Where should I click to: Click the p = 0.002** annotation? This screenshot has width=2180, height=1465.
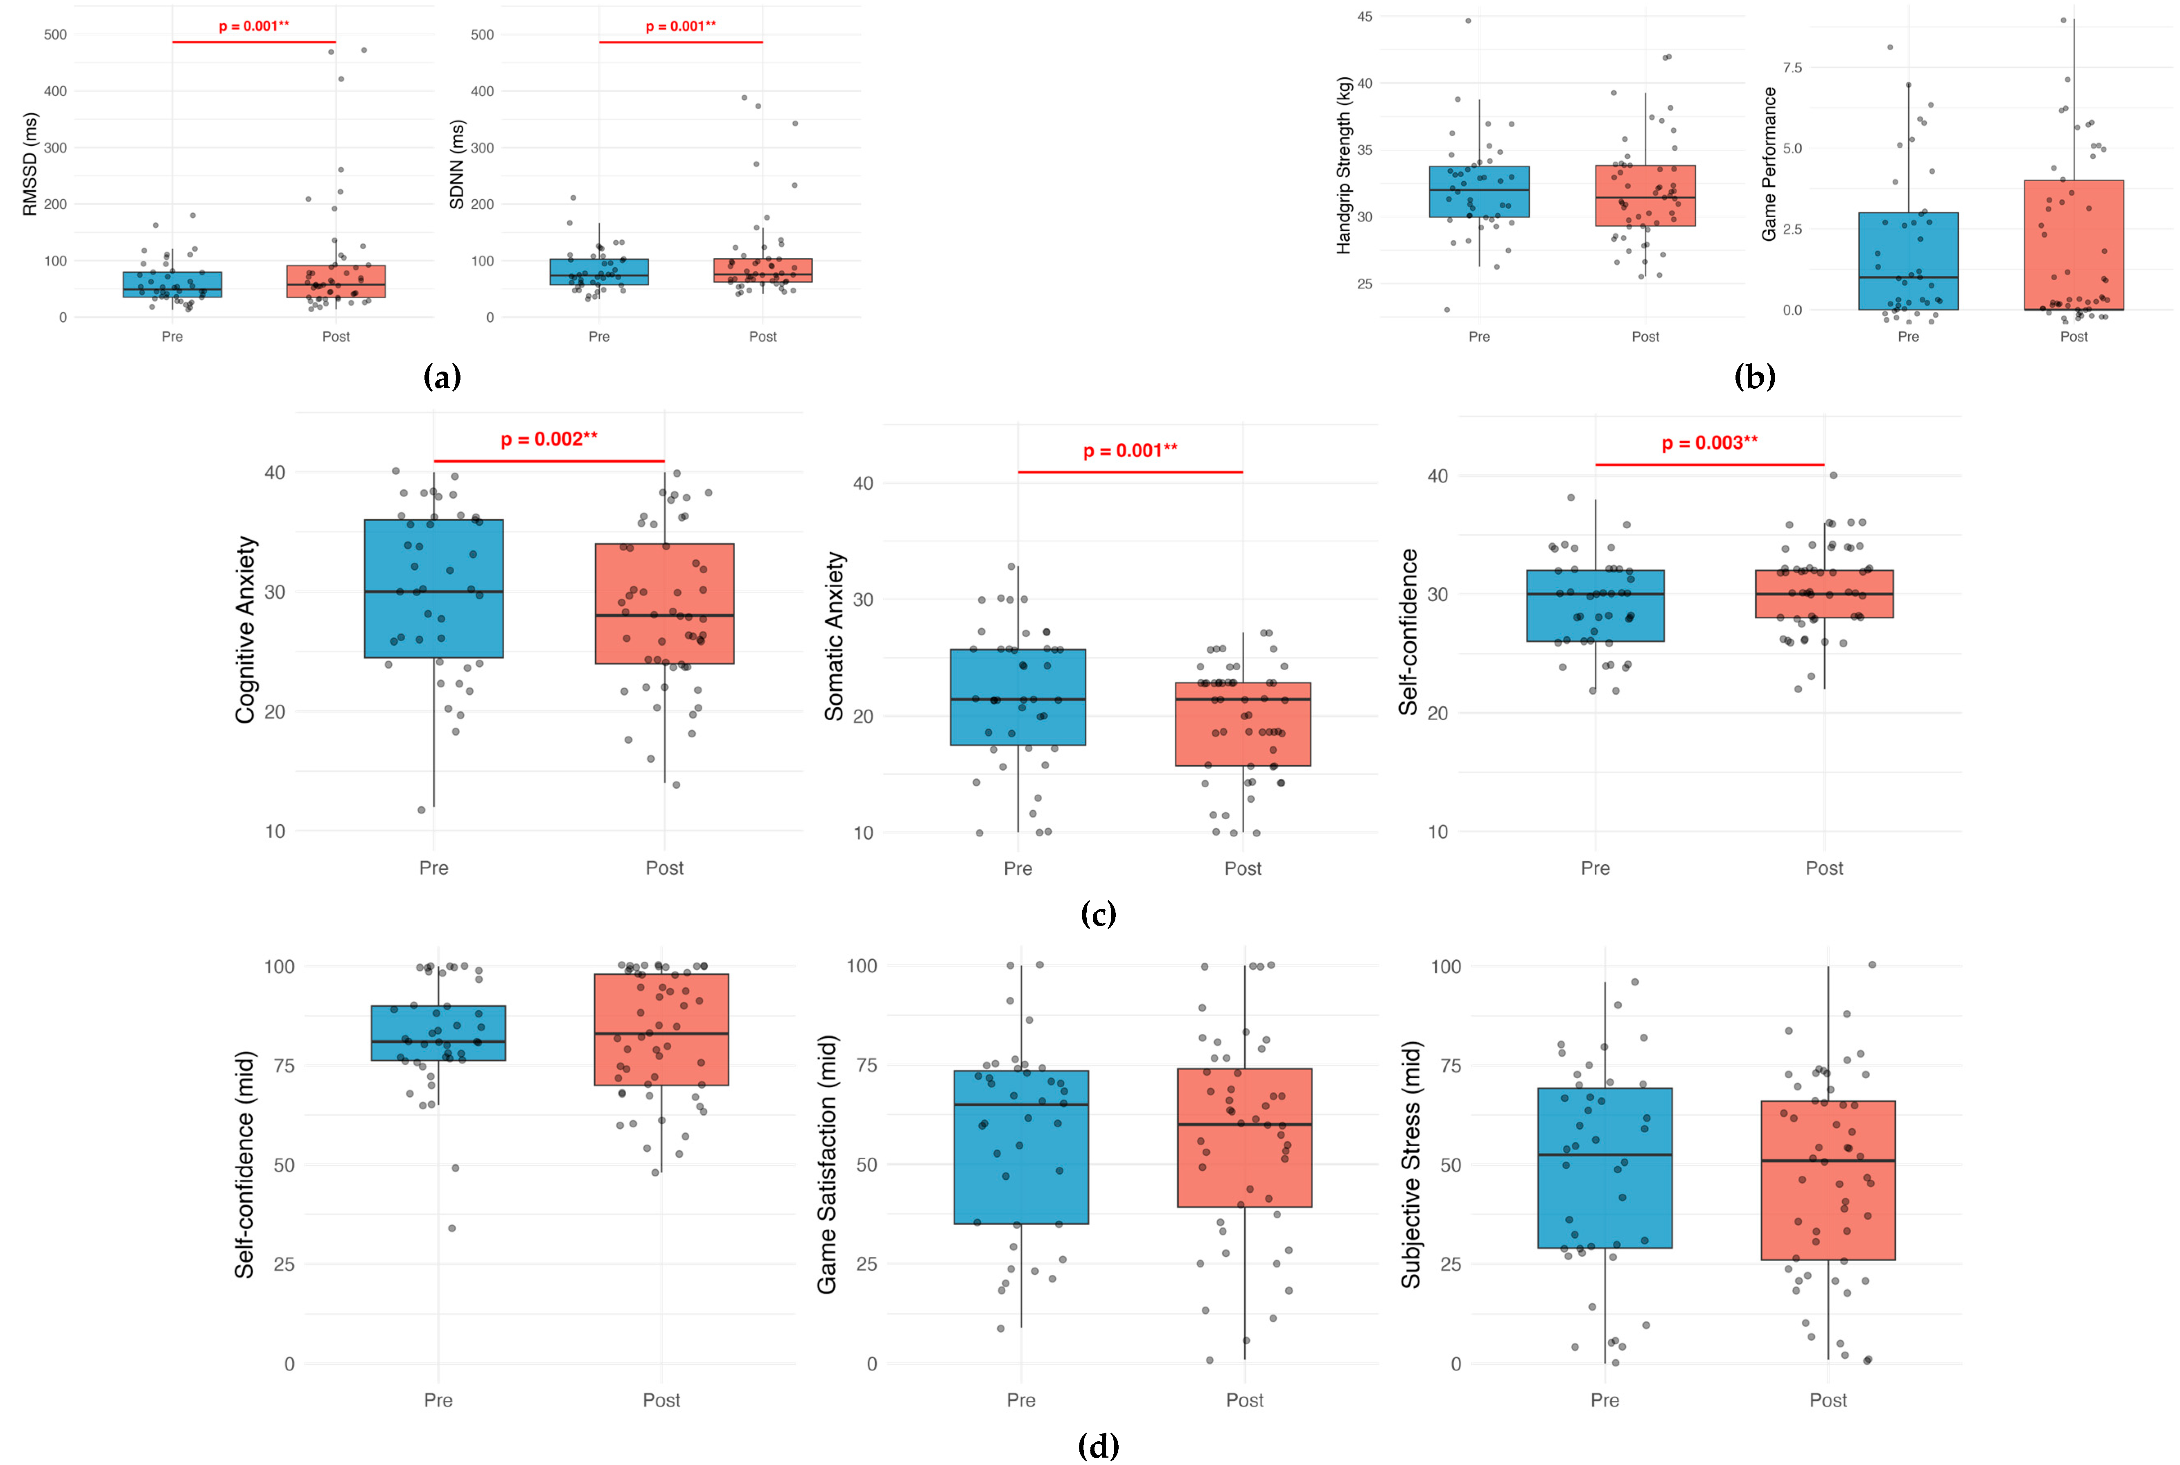coord(548,439)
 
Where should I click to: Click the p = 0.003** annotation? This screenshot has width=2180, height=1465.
coord(1709,443)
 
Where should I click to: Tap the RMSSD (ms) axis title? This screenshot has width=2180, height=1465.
coord(30,165)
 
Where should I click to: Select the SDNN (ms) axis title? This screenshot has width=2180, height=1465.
coord(457,165)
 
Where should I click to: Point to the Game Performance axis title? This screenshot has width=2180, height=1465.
coord(1769,165)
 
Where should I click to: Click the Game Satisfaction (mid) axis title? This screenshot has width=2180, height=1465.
coord(827,1164)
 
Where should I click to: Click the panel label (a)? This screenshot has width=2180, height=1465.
coord(442,377)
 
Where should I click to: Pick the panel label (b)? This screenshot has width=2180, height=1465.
coord(1754,377)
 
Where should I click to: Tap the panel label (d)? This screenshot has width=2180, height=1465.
coord(1098,1446)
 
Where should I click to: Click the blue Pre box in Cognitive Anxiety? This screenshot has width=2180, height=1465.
coord(433,588)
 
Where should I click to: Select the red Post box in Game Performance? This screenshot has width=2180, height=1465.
coord(2074,245)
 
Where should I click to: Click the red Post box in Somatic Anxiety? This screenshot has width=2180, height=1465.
coord(1243,724)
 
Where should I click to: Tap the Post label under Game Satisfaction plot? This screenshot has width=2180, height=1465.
coord(1245,1400)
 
